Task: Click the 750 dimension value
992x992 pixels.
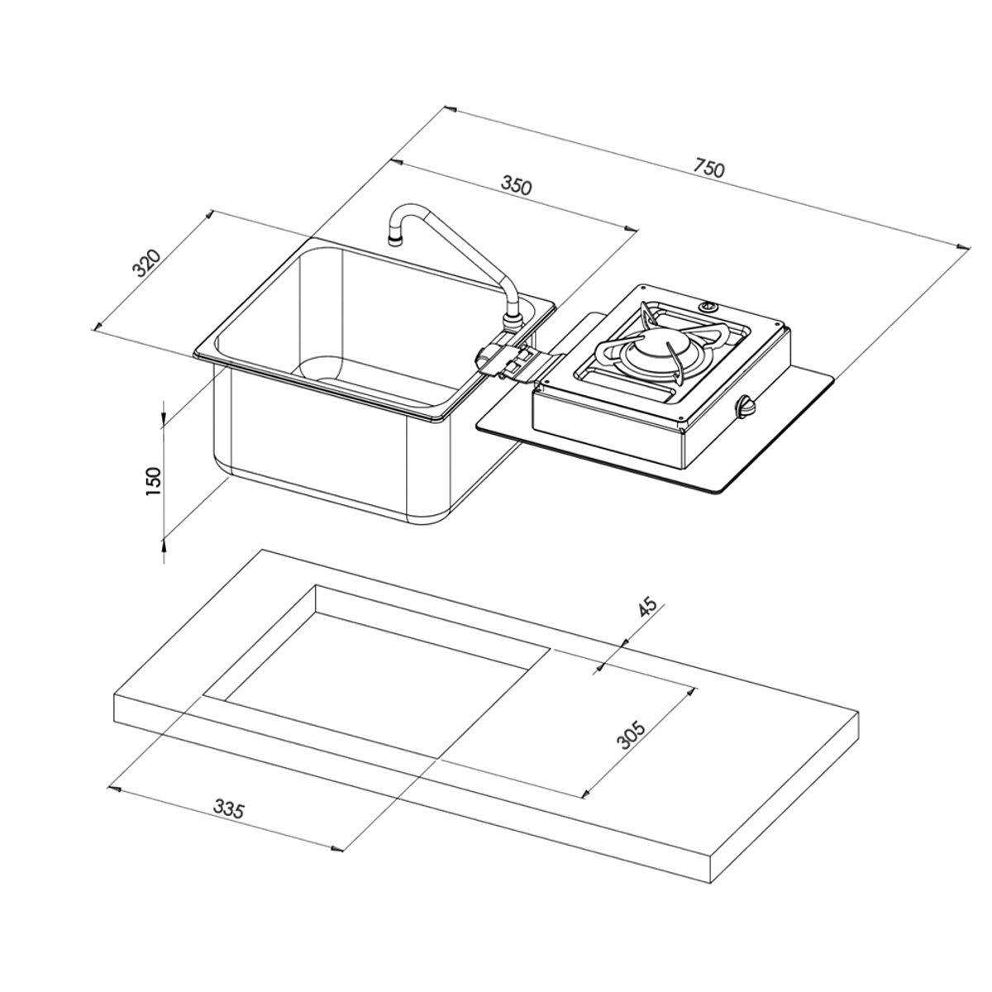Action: pyautogui.click(x=708, y=168)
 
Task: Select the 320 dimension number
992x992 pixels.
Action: pyautogui.click(x=146, y=262)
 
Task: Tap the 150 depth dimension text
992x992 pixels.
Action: pyautogui.click(x=153, y=480)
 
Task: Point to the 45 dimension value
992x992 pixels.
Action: pyautogui.click(x=647, y=606)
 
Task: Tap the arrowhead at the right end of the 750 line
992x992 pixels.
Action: pyautogui.click(x=964, y=246)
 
